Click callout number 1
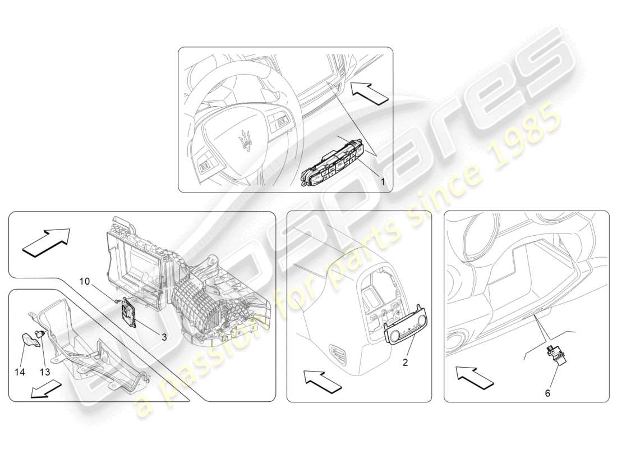383,181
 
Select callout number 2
405,363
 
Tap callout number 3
164,337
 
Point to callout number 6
547,393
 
